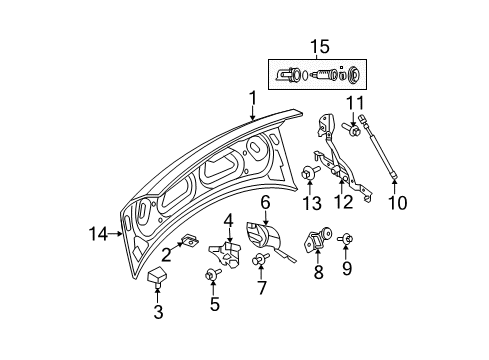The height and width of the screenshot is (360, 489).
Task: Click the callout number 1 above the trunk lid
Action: [x=253, y=98]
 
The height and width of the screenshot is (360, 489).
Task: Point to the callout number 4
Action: [x=228, y=220]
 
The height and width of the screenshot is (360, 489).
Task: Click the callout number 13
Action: [x=309, y=204]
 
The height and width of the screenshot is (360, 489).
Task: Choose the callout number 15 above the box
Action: [x=319, y=46]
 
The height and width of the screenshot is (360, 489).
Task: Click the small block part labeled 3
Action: [x=156, y=278]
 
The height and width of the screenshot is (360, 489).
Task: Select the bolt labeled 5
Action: [x=212, y=274]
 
